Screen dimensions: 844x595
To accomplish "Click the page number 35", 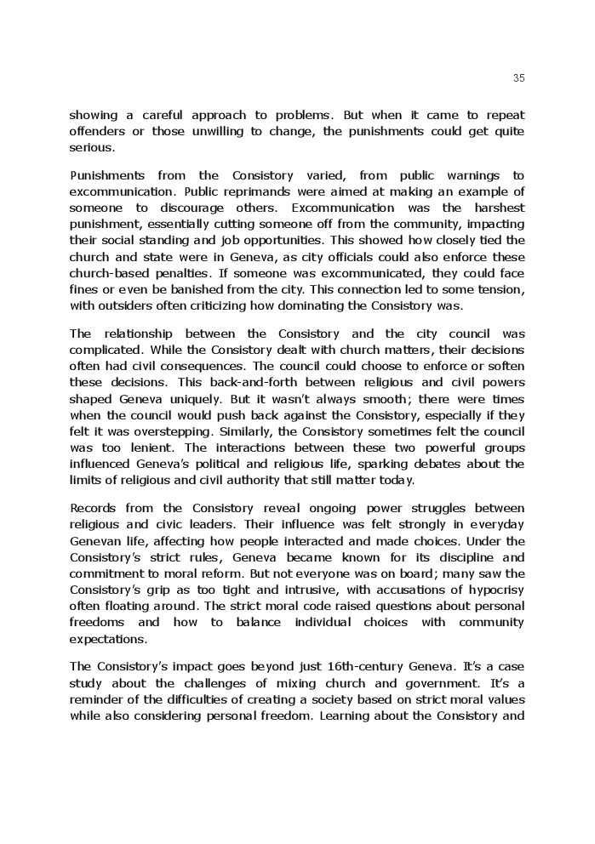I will pyautogui.click(x=519, y=78).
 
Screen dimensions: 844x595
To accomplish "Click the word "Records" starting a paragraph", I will pyautogui.click(x=94, y=509).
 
